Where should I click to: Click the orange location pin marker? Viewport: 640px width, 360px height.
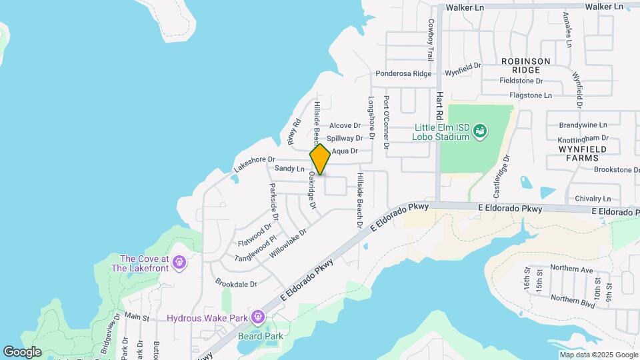(320, 159)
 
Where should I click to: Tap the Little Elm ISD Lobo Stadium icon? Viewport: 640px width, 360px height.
(479, 133)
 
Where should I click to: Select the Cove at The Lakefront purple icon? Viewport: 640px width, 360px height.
(179, 263)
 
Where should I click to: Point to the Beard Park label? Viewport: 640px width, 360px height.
(261, 337)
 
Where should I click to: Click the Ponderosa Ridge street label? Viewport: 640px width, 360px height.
(403, 74)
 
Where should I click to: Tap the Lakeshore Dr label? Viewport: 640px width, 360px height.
(255, 163)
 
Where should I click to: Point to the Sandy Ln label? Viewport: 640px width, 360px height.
(289, 169)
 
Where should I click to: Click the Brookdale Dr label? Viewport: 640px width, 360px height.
(235, 284)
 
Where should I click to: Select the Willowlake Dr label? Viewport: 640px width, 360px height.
(288, 244)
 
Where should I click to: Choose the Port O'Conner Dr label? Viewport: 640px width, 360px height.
(386, 122)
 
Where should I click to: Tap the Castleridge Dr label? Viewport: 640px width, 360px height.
(501, 177)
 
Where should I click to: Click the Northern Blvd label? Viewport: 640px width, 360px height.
(573, 299)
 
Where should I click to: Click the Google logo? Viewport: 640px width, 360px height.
(23, 351)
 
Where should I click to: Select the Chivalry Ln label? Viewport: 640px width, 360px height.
(593, 199)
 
